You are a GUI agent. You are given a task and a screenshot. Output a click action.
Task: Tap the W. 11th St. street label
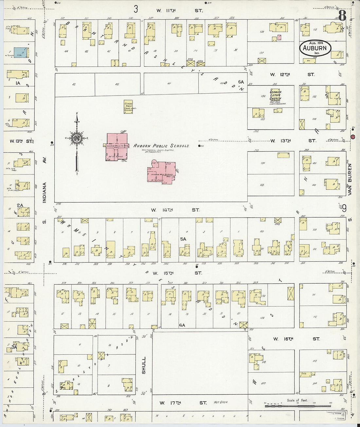tap(179, 10)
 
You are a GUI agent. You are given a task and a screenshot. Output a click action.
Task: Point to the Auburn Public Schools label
tap(161, 146)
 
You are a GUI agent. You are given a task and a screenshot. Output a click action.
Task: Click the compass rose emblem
tap(77, 138)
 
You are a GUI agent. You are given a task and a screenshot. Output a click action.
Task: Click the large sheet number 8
tap(342, 15)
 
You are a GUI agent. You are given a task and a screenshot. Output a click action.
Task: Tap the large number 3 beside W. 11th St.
tap(135, 9)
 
